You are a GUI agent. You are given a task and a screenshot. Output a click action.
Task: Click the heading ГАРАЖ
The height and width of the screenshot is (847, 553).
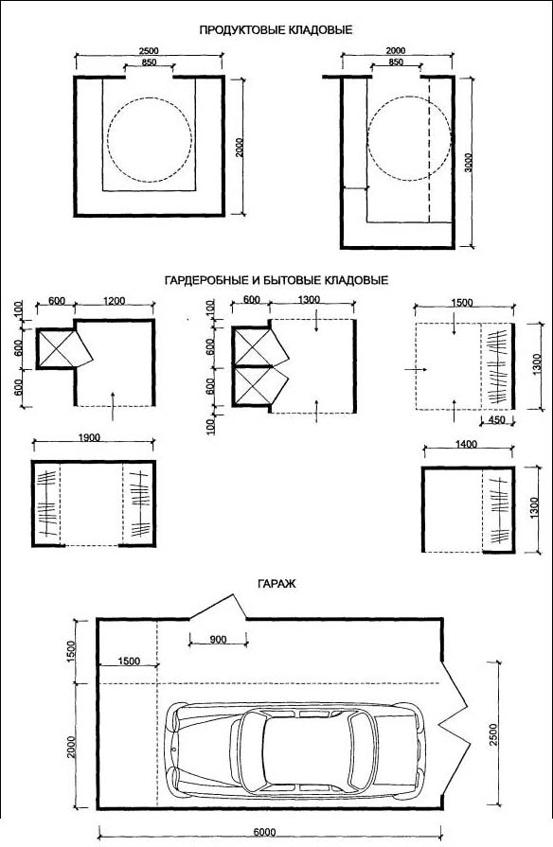pyautogui.click(x=276, y=584)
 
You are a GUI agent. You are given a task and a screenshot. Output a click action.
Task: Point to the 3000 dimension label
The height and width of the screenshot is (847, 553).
pyautogui.click(x=469, y=163)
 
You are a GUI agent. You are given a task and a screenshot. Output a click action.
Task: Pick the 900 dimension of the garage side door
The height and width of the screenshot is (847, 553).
pyautogui.click(x=218, y=640)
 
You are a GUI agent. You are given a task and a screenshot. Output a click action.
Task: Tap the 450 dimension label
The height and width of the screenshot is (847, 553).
pyautogui.click(x=496, y=420)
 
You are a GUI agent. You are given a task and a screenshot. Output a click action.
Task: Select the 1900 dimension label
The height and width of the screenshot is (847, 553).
pyautogui.click(x=89, y=437)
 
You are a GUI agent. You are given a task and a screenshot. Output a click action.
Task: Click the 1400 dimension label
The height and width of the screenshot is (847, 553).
pyautogui.click(x=466, y=444)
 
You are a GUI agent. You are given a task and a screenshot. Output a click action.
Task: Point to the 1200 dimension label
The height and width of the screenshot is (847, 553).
pyautogui.click(x=114, y=301)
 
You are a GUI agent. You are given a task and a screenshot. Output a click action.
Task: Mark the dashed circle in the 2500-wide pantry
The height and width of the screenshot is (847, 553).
pyautogui.click(x=150, y=139)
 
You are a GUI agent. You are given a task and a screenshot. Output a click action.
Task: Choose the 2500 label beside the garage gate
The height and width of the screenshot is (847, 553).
pyautogui.click(x=493, y=734)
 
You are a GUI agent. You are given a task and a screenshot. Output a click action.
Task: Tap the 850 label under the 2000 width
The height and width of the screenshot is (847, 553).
pyautogui.click(x=396, y=62)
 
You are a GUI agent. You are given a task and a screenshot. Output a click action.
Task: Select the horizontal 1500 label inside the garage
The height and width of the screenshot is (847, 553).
pyautogui.click(x=129, y=662)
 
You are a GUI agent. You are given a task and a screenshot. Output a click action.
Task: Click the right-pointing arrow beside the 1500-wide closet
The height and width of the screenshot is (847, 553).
pyautogui.click(x=416, y=369)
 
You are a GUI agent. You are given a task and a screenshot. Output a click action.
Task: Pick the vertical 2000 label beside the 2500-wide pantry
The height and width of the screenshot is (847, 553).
pyautogui.click(x=240, y=148)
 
